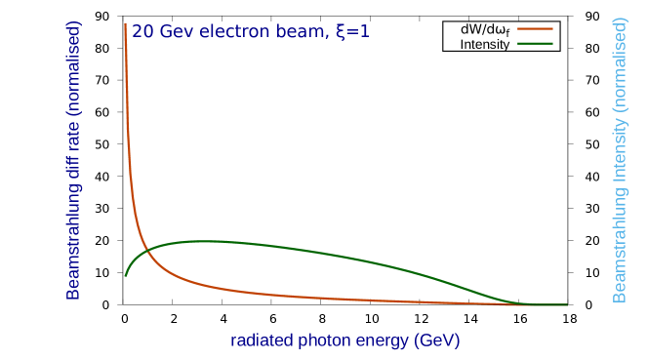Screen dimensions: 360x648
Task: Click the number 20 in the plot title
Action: pyautogui.click(x=142, y=32)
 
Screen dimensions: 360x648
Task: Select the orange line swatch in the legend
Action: pyautogui.click(x=535, y=29)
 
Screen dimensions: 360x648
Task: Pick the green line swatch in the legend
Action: pyautogui.click(x=535, y=43)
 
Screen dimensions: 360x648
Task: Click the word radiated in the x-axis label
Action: pyautogui.click(x=262, y=341)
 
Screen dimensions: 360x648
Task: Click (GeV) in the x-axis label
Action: pyautogui.click(x=436, y=341)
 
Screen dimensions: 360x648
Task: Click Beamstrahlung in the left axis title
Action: pyautogui.click(x=73, y=250)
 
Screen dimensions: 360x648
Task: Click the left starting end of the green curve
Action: pyautogui.click(x=125, y=275)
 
